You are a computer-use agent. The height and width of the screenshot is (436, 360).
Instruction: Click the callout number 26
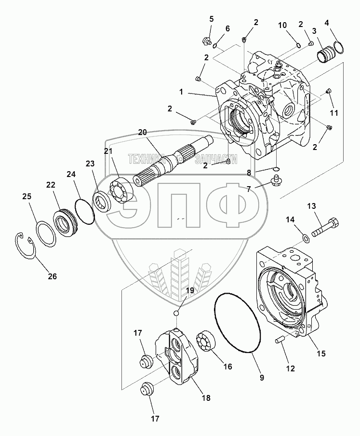[52, 276]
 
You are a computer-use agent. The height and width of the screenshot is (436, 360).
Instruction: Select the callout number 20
[142, 132]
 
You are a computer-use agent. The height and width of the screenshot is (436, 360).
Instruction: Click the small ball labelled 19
[177, 313]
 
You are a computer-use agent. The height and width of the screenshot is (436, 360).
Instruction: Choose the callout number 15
[320, 354]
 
